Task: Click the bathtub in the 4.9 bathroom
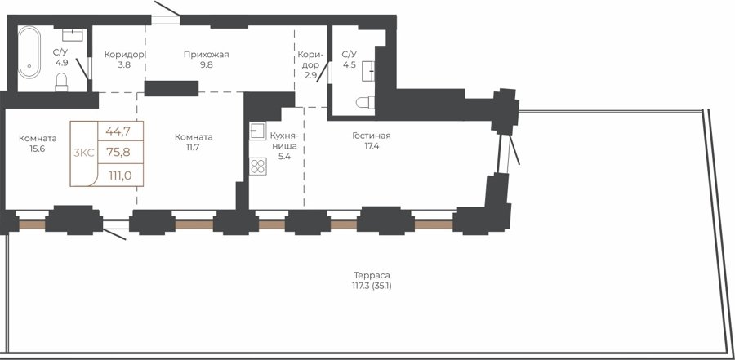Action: (29, 52)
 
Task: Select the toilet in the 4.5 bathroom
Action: (366, 102)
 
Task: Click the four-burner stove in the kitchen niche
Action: (258, 167)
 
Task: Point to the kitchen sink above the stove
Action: (257, 131)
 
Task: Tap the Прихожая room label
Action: (207, 55)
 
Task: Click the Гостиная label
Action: (372, 136)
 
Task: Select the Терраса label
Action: (372, 275)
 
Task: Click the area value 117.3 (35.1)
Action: (372, 286)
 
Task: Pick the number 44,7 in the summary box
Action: (118, 131)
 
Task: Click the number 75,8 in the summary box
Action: (118, 152)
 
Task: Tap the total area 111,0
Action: (119, 176)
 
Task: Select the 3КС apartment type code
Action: (84, 153)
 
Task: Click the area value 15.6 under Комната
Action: (38, 149)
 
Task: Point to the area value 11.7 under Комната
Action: (194, 147)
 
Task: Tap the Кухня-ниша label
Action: (284, 140)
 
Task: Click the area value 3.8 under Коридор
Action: (124, 64)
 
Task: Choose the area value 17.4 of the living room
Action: (372, 146)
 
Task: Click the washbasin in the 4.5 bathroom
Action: (369, 71)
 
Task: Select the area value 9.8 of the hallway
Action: (207, 64)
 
